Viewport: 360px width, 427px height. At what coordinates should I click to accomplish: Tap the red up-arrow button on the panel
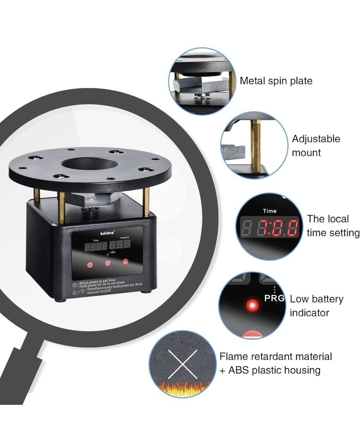tap(125, 261)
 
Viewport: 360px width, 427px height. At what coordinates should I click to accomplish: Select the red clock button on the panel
tap(90, 265)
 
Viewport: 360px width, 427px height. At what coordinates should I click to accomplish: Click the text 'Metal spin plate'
tap(276, 81)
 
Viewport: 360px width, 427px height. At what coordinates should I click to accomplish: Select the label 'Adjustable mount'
tap(316, 146)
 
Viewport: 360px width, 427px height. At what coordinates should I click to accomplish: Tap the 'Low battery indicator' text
tap(316, 306)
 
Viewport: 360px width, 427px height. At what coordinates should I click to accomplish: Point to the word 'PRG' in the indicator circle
tap(274, 298)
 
